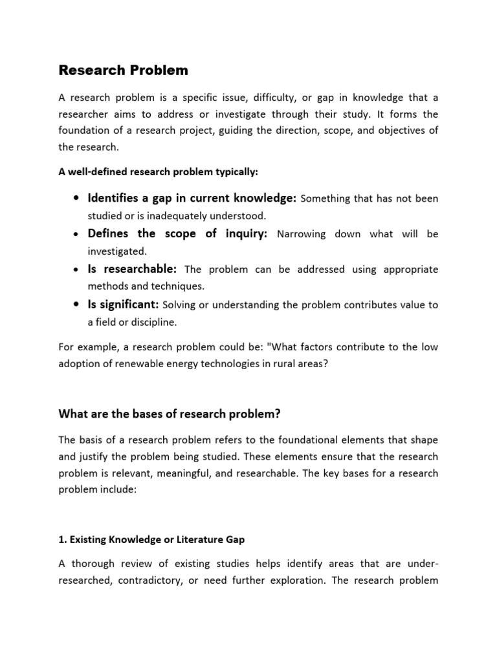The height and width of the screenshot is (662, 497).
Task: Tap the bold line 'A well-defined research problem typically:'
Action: (158, 171)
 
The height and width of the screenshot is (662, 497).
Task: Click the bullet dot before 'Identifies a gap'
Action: (78, 198)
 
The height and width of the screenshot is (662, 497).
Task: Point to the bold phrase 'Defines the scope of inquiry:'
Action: (177, 233)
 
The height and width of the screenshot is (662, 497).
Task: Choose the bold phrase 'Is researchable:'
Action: (133, 269)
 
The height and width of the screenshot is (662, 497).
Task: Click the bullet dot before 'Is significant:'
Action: (78, 304)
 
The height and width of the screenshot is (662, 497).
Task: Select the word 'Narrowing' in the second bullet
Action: (301, 234)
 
